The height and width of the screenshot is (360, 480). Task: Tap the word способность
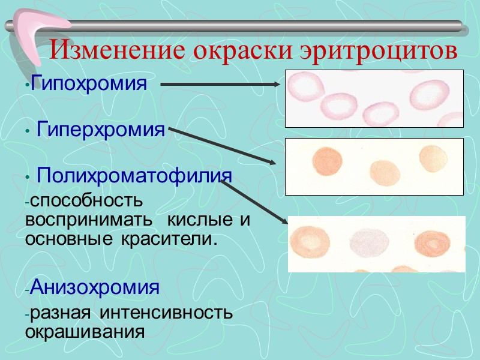pos(84,199)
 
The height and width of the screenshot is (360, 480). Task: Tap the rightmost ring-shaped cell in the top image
pos(430,95)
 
